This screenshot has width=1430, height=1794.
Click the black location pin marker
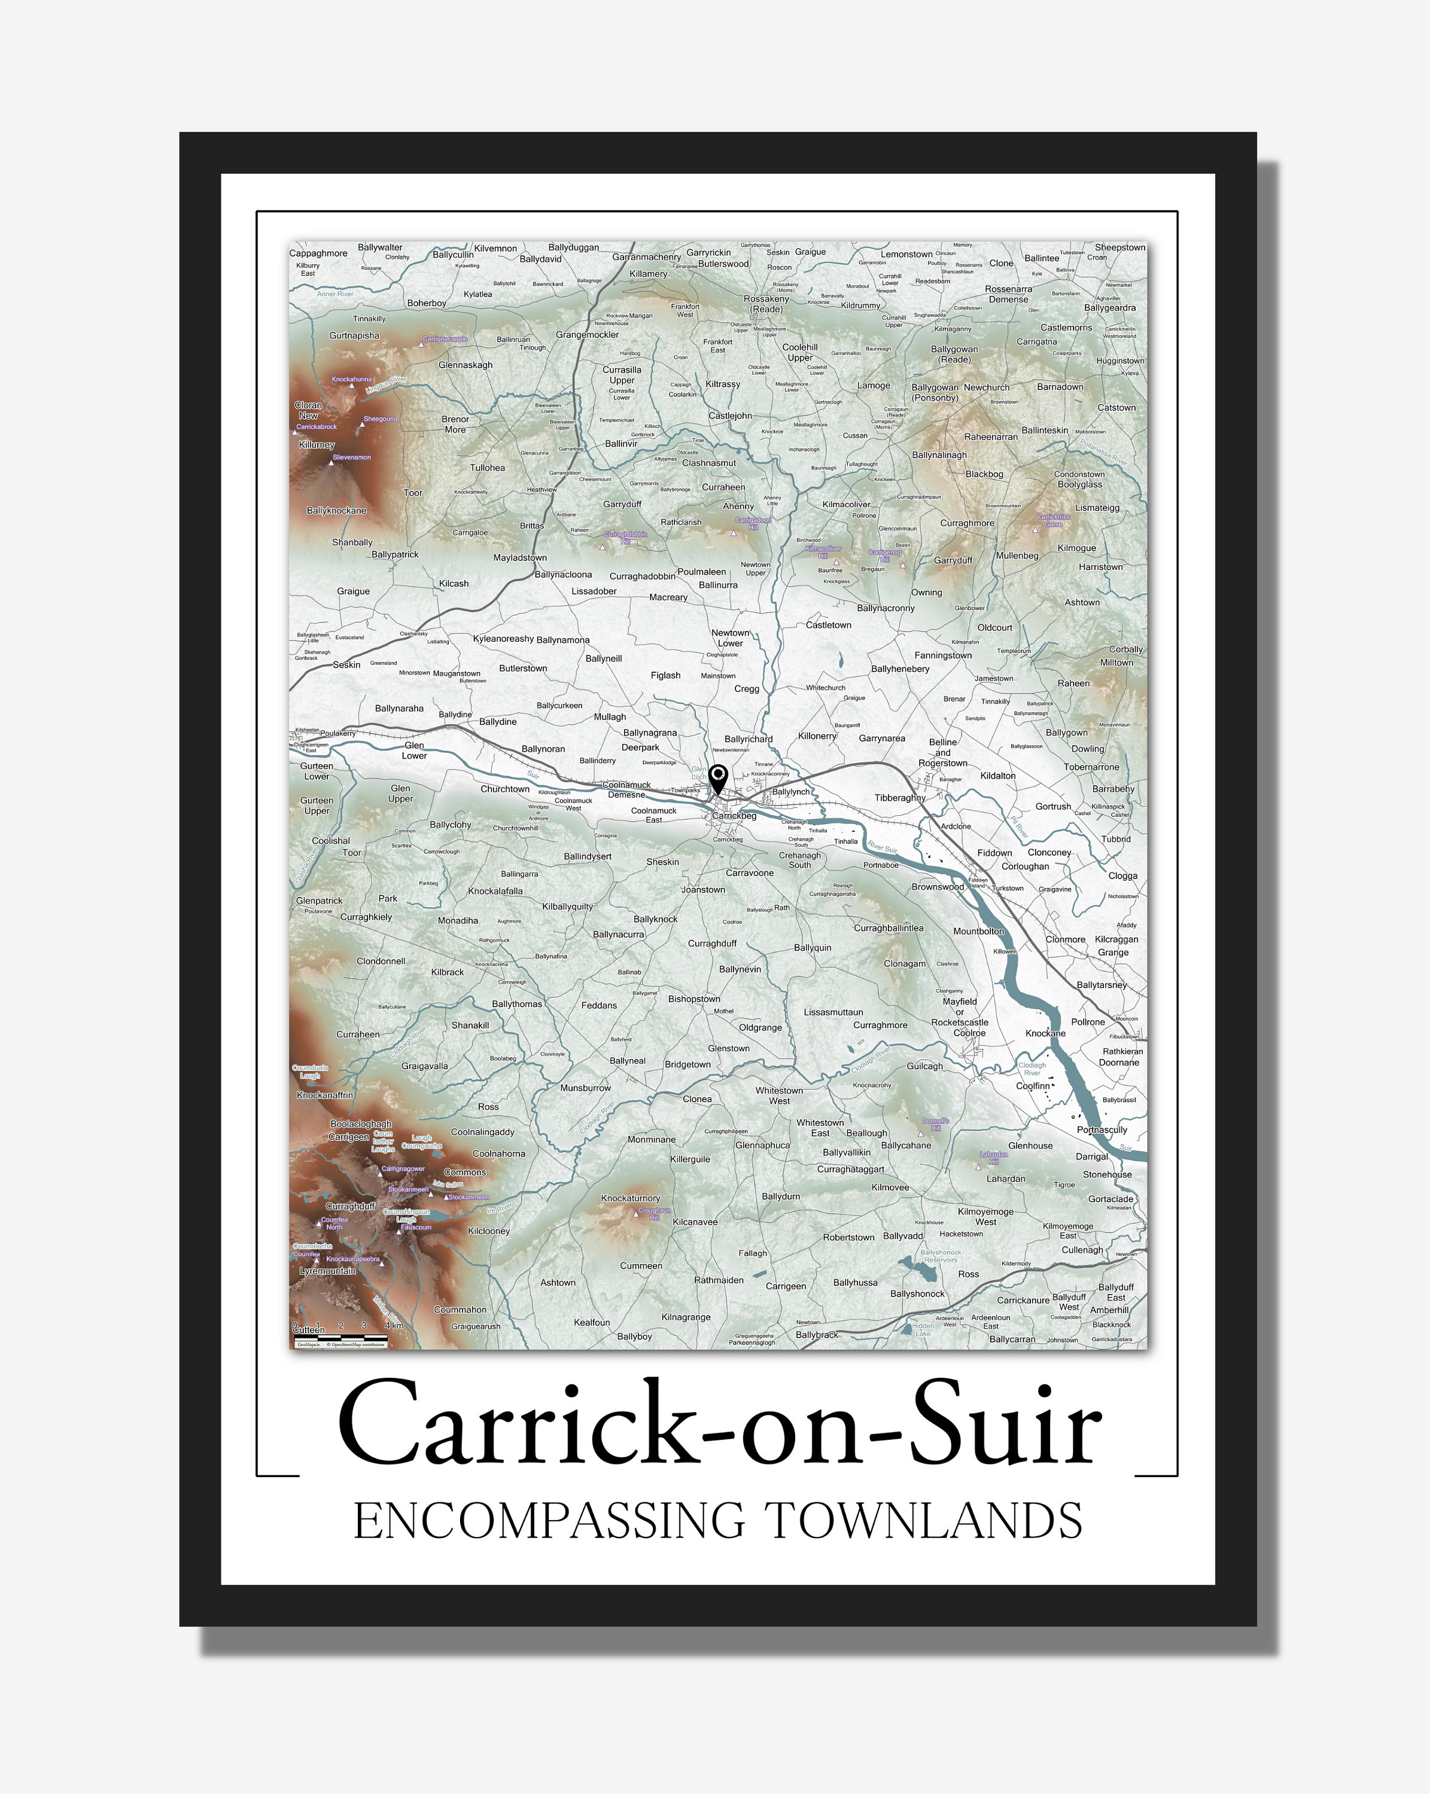[717, 778]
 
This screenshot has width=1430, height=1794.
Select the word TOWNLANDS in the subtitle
[923, 1522]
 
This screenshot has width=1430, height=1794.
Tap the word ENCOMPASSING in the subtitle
[549, 1522]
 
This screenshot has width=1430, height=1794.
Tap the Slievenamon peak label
[351, 457]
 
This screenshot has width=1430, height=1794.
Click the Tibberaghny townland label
[899, 797]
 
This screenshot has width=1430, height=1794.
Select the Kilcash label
[454, 583]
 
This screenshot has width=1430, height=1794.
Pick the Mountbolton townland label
[978, 931]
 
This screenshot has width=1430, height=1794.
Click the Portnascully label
[1101, 1129]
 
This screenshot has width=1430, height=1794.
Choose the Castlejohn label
[730, 415]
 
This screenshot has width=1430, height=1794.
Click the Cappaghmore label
[318, 253]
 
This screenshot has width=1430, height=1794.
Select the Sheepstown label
[1119, 247]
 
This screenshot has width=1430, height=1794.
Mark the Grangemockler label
[587, 334]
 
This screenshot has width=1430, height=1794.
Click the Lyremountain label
[327, 1271]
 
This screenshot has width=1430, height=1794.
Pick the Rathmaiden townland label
[719, 1280]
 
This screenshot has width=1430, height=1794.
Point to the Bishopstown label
[693, 999]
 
